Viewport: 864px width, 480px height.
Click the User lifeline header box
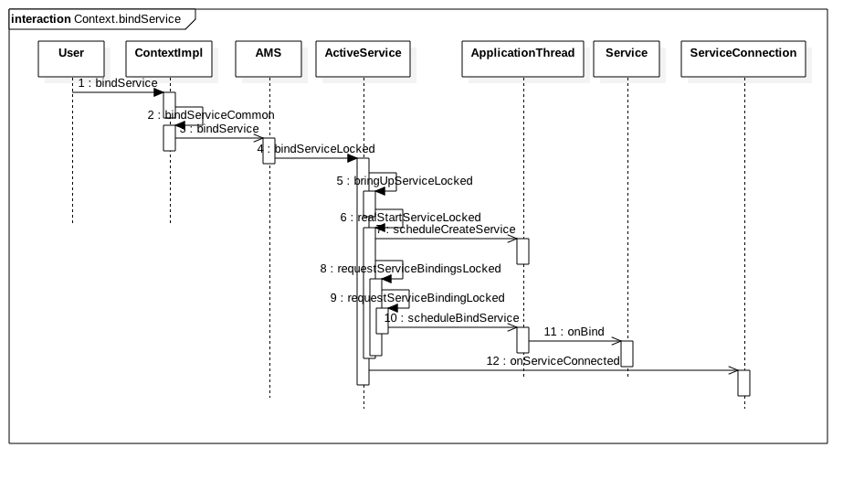pos(71,59)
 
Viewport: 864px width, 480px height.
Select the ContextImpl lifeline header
pos(168,59)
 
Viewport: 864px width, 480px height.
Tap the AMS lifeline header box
pos(269,59)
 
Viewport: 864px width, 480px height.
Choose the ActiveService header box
pos(363,59)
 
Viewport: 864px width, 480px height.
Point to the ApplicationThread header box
pos(522,59)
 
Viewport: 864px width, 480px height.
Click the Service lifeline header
pos(627,59)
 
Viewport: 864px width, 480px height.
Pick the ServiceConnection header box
pos(743,59)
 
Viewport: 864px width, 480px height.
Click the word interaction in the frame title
pos(41,19)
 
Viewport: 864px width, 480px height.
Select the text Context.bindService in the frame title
pos(128,19)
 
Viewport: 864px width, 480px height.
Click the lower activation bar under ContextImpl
pos(169,138)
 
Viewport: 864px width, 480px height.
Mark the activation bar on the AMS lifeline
pos(269,151)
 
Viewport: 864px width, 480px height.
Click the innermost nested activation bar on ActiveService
pos(382,321)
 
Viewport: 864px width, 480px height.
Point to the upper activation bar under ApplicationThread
pos(522,251)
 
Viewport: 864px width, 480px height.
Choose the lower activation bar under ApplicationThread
pos(522,340)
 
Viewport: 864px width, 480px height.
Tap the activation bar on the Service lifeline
pos(627,354)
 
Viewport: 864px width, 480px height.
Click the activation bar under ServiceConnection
pos(743,383)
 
